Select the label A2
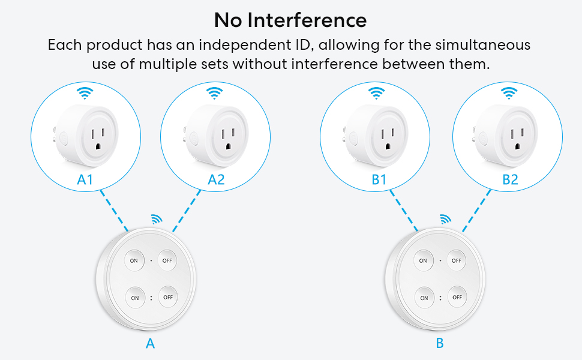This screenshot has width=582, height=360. pyautogui.click(x=216, y=179)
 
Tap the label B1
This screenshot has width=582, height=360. pyautogui.click(x=378, y=179)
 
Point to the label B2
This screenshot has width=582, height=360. pyautogui.click(x=510, y=179)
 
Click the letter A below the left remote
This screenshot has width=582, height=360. pyautogui.click(x=150, y=343)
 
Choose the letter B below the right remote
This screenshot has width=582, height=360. pyautogui.click(x=440, y=343)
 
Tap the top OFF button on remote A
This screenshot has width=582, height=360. pyautogui.click(x=167, y=260)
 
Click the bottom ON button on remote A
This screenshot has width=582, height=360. pyautogui.click(x=135, y=297)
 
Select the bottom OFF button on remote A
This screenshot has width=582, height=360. pyautogui.click(x=167, y=296)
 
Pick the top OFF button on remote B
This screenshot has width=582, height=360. pyautogui.click(x=457, y=260)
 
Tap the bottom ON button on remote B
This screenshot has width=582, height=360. pyautogui.click(x=424, y=298)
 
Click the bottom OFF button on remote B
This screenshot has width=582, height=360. pyautogui.click(x=457, y=297)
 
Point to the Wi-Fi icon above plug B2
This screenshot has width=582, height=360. pyautogui.click(x=509, y=93)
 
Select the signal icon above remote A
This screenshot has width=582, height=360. pyautogui.click(x=157, y=219)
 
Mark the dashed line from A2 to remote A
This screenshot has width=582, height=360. pyautogui.click(x=187, y=211)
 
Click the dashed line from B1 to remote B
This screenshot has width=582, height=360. pyautogui.click(x=403, y=211)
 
